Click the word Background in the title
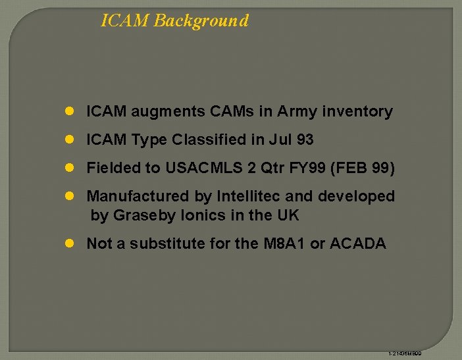[201, 20]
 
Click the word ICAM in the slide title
[125, 20]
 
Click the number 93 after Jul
[305, 140]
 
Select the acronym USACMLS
[203, 168]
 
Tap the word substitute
[167, 244]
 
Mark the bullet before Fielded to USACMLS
[70, 168]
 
